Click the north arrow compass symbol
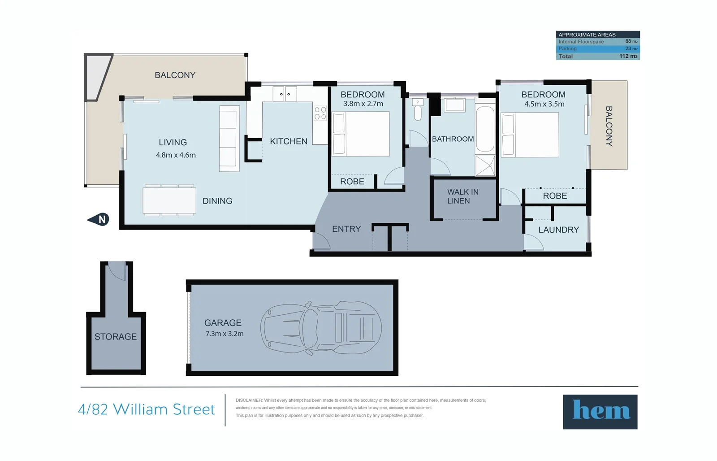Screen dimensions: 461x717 99,219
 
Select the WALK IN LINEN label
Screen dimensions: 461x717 462,196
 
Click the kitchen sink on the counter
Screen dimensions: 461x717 285,94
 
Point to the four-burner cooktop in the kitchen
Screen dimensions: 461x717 320,113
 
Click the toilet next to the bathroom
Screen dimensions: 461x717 418,110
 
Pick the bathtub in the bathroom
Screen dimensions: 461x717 485,129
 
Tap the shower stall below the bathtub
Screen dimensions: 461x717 485,165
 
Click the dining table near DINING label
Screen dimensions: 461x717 169,200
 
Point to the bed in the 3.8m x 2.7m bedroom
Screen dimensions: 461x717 361,134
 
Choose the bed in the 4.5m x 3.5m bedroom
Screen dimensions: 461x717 530,135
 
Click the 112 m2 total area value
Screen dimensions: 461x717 628,56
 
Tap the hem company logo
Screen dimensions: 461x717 600,412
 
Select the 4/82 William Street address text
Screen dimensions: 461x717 147,409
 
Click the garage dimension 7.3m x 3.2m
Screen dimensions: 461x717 224,334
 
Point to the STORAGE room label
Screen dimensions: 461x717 116,336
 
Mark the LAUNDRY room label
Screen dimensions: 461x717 558,230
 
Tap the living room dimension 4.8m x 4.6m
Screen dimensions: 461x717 176,155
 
